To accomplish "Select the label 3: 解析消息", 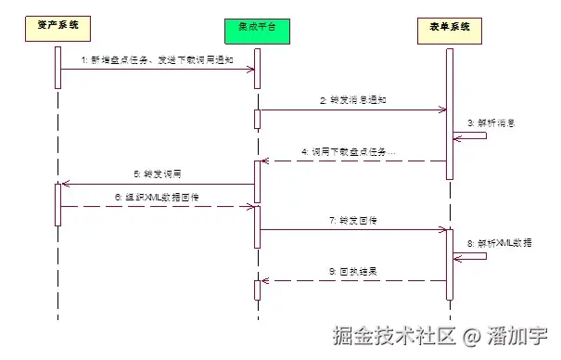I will pyautogui.click(x=491, y=122).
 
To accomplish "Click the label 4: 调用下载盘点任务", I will pyautogui.click(x=348, y=151).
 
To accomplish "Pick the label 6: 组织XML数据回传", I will pyautogui.click(x=156, y=197).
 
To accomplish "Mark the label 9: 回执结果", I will pyautogui.click(x=353, y=272).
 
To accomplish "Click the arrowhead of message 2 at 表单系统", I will pyautogui.click(x=442, y=109).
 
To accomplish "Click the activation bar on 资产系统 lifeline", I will pyautogui.click(x=57, y=204).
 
